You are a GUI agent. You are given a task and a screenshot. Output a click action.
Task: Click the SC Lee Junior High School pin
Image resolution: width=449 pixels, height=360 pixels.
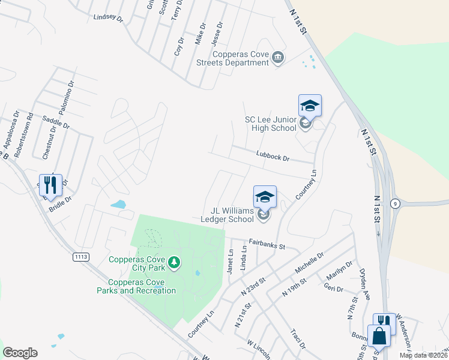(310, 106)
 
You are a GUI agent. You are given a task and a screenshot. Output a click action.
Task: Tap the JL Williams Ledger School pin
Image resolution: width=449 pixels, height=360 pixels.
(265, 197)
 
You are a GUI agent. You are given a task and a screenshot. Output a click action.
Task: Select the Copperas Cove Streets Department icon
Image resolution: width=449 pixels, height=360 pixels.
(279, 58)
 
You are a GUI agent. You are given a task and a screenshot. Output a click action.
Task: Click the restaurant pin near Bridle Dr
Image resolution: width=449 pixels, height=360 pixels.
(50, 185)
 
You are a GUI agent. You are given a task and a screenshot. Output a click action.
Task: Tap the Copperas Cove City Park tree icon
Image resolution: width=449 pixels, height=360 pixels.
(174, 262)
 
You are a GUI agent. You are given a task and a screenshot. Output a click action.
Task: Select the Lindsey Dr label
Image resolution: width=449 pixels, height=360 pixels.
(108, 18)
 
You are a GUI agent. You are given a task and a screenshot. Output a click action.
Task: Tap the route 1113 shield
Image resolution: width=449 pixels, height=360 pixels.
(81, 257)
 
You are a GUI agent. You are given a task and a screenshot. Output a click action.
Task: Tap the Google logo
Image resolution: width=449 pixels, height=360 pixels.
(20, 353)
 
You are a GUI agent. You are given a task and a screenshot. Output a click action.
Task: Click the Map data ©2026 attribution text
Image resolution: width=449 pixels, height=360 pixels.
(423, 355)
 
